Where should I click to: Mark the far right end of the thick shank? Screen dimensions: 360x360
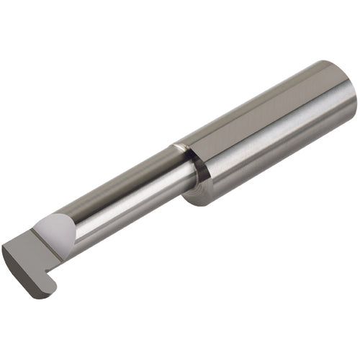[x=353, y=101]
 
